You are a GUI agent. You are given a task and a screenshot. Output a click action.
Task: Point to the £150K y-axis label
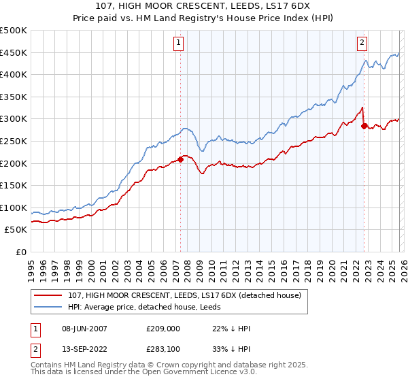(14, 185)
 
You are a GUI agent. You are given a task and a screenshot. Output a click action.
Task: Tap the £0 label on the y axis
(21, 252)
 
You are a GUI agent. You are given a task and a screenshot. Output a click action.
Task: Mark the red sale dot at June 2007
(180, 160)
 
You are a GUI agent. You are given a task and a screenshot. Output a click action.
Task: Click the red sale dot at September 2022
(364, 126)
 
